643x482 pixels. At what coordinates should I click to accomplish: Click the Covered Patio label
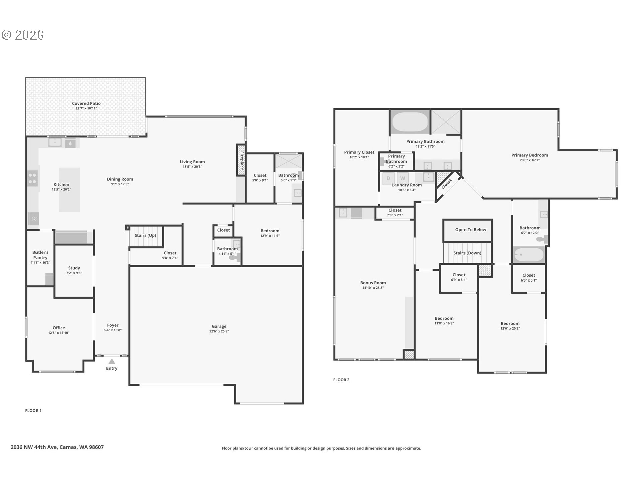point(86,104)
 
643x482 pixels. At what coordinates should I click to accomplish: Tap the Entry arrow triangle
point(112,361)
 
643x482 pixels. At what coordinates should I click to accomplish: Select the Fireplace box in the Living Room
point(241,160)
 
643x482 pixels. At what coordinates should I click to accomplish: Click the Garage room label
point(219,326)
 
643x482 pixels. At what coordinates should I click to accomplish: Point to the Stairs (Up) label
point(145,235)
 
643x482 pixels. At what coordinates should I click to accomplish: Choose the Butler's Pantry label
point(40,255)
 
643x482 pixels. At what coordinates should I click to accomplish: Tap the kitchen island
point(69,190)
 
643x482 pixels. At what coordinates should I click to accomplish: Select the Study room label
point(74,268)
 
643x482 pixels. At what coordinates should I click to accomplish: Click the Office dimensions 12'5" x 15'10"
point(59,333)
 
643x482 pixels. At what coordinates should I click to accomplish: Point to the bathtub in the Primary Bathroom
point(410,122)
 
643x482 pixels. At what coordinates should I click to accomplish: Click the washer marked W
point(403,178)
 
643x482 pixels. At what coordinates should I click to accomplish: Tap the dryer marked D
point(388,178)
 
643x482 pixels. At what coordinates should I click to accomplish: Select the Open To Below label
point(471,230)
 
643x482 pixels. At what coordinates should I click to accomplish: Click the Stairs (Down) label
point(467,253)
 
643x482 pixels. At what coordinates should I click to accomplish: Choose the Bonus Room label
point(373,283)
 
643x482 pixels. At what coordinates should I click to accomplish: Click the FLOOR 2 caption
point(341,380)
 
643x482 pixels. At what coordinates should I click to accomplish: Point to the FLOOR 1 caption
point(33,411)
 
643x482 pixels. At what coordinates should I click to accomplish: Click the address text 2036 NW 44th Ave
point(34,447)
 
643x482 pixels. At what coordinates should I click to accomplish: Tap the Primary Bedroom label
point(529,155)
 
